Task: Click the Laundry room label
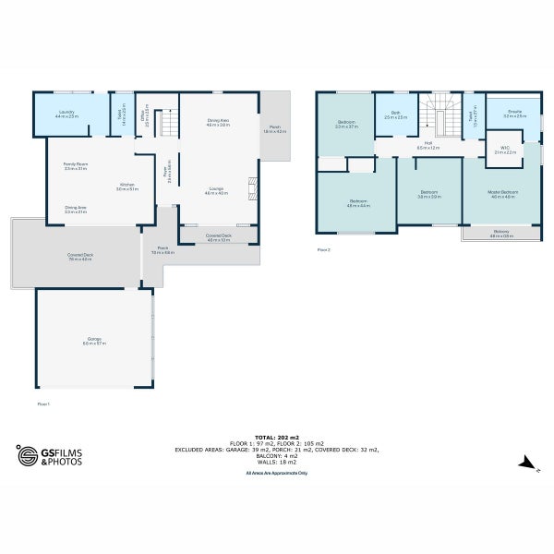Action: (66, 114)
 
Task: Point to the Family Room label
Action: (76, 166)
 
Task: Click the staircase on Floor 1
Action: (168, 122)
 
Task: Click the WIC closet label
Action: (504, 150)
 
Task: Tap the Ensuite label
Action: (513, 113)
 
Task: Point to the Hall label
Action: (428, 145)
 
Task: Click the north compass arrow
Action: (524, 462)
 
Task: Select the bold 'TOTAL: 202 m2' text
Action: (276, 438)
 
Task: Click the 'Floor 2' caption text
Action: (323, 249)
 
